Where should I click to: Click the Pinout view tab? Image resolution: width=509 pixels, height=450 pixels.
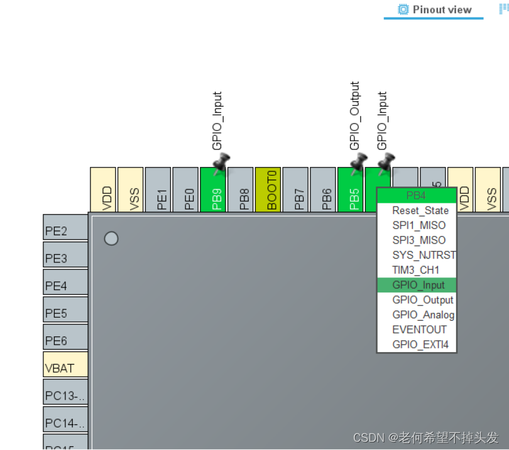[x=434, y=10]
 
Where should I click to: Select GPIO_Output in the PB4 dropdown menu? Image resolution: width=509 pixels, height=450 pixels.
[x=422, y=300]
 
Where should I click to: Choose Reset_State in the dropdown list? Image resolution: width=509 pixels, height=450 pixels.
[x=420, y=211]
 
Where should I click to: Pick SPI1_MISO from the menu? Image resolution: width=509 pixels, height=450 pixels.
[x=419, y=225]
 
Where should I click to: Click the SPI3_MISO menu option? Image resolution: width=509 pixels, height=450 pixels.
[x=419, y=240]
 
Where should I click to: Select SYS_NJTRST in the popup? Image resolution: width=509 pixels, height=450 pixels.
[x=424, y=255]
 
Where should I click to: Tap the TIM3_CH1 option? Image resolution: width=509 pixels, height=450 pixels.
[x=415, y=270]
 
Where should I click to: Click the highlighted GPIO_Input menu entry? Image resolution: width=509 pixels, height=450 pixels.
[x=418, y=285]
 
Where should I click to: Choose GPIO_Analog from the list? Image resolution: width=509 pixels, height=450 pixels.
[x=423, y=315]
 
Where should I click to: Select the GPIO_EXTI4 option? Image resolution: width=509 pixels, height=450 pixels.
[x=420, y=345]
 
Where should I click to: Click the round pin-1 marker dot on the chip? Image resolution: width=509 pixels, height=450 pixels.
[x=111, y=238]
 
